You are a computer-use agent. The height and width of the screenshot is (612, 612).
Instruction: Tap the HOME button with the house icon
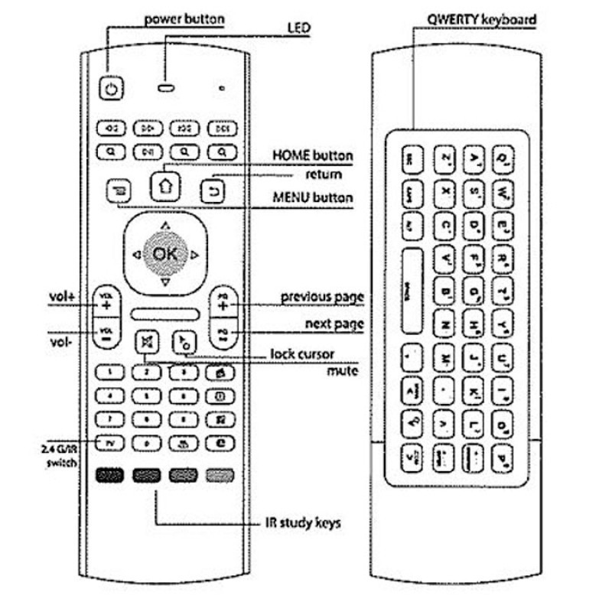pos(165,184)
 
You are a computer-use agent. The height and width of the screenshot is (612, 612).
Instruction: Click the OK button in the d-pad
pos(165,255)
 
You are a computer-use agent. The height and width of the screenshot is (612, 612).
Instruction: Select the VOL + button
pos(106,301)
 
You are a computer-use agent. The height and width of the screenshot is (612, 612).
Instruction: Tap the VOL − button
pos(106,334)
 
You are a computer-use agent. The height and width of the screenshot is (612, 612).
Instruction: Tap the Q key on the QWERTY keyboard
pos(503,158)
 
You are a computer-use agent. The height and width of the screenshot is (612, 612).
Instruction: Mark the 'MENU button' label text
pos(312,198)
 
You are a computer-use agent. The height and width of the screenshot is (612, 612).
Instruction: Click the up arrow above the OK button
pos(165,226)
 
